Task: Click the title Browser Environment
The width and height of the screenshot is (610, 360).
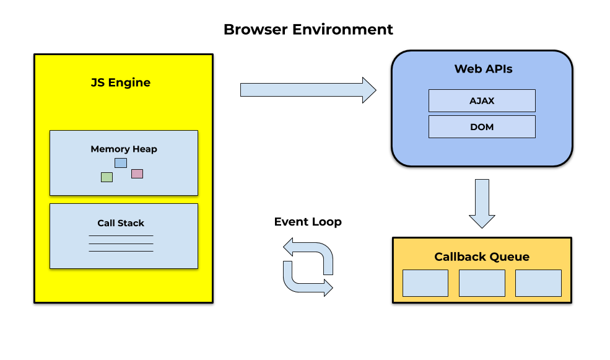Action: [308, 29]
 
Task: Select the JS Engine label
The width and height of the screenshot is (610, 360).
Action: [121, 82]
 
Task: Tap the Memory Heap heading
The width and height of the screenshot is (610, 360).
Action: [124, 149]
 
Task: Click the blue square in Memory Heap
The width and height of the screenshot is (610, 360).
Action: [121, 163]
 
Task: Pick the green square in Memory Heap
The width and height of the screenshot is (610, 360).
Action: [107, 177]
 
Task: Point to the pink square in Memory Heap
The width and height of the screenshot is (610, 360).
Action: [137, 173]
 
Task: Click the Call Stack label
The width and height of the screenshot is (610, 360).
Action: [121, 223]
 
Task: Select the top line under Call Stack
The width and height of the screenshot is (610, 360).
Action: [121, 236]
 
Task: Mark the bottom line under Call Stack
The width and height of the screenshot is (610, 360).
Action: [121, 251]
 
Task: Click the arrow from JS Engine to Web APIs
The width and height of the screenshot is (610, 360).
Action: [308, 90]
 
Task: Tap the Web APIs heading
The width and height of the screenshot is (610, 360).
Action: [483, 69]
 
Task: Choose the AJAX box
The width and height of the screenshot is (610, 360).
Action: [482, 100]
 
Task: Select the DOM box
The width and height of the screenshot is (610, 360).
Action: [482, 127]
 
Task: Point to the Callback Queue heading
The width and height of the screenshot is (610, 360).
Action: [482, 257]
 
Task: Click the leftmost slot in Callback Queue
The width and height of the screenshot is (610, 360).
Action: [425, 283]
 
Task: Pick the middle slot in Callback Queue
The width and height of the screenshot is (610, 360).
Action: [482, 283]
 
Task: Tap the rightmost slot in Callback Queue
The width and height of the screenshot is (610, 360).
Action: [538, 283]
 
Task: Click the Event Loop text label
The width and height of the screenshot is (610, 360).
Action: [308, 222]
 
